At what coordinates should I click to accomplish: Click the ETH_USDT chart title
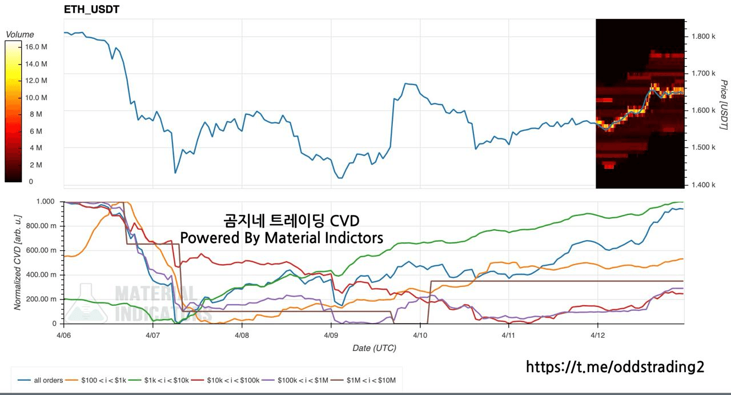tap(91, 10)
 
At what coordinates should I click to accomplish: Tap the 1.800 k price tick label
tap(704, 37)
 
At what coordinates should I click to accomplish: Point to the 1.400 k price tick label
tap(704, 185)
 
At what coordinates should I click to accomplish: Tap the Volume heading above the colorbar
tap(19, 35)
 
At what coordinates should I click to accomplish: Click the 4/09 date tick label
tap(331, 334)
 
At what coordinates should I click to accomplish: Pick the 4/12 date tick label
tap(597, 334)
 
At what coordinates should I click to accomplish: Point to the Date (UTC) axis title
tap(374, 348)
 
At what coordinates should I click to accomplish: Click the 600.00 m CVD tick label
tap(43, 250)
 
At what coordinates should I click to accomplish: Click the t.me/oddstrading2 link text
tap(614, 366)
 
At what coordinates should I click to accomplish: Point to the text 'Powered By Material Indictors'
tap(282, 237)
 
